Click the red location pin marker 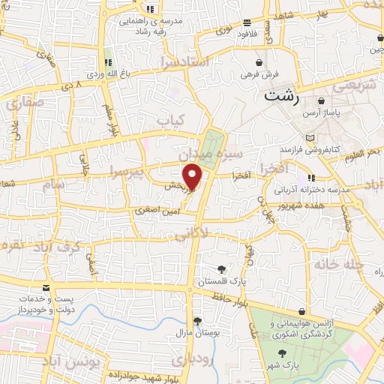[193, 176]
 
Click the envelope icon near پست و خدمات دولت [46, 287]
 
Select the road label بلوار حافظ [224, 299]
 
